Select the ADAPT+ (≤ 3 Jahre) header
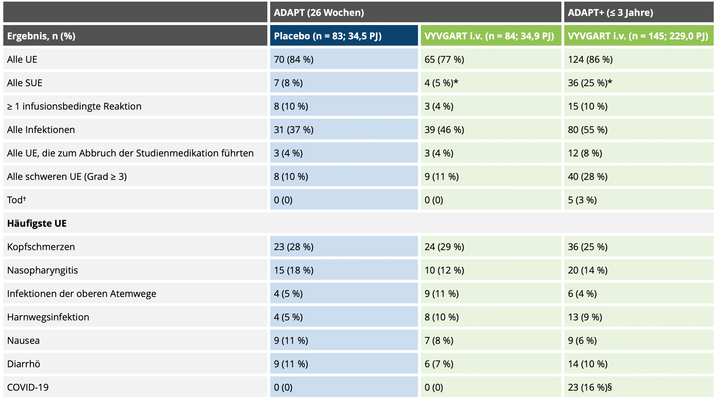click(x=610, y=13)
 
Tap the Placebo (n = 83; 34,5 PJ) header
click(x=328, y=36)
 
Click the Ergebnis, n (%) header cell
click(x=41, y=36)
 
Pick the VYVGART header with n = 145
click(x=638, y=36)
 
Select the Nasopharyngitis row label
click(x=43, y=270)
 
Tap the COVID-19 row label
click(x=28, y=387)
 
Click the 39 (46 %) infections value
click(x=444, y=130)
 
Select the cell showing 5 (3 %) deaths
click(x=582, y=200)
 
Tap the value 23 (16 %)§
click(x=590, y=387)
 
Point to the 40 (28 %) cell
click(x=588, y=177)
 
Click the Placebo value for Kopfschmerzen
click(x=294, y=247)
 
